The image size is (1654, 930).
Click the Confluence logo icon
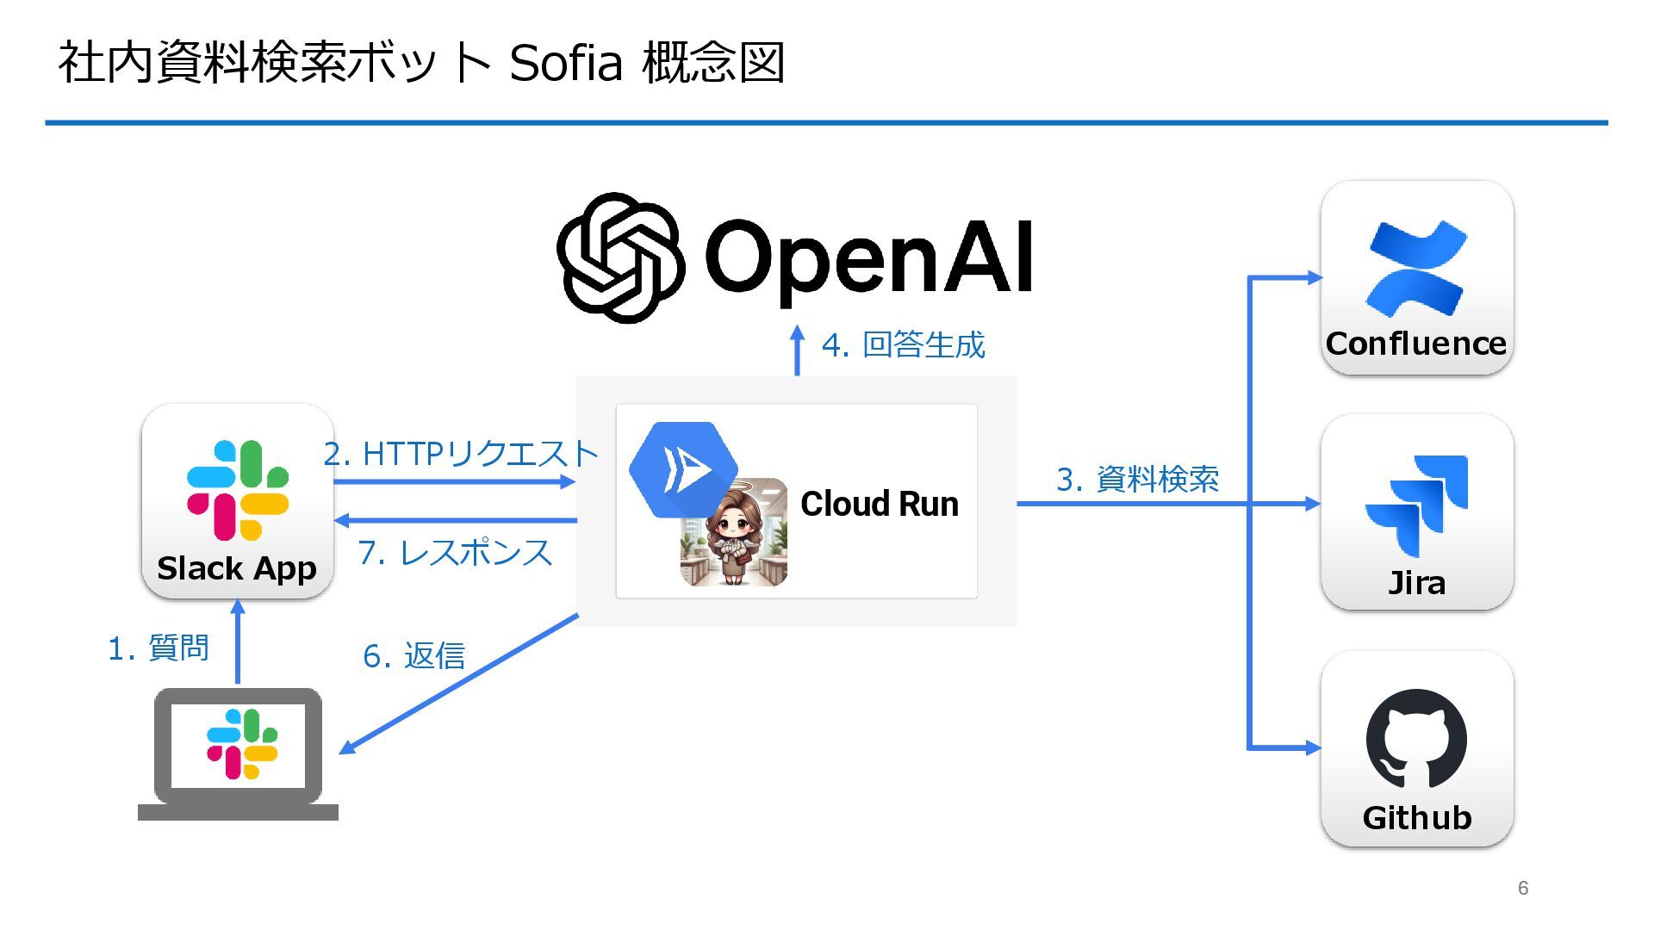[x=1416, y=268]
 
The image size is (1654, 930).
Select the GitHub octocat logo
[x=1416, y=739]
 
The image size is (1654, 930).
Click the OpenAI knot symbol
[x=621, y=257]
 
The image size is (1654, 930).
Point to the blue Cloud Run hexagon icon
[x=682, y=469]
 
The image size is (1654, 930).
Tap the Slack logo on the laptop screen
[x=242, y=744]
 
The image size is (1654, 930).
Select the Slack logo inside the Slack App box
[x=238, y=490]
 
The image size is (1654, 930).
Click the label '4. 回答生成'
[x=903, y=345]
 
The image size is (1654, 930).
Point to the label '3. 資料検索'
[x=1137, y=480]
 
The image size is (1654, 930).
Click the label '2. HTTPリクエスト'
[x=460, y=454]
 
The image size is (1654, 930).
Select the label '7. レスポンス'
[x=455, y=553]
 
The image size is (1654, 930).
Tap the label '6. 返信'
[x=413, y=656]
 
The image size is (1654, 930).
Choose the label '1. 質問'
[x=159, y=648]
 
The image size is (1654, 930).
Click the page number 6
[x=1523, y=888]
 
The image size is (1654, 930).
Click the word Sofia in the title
[x=565, y=63]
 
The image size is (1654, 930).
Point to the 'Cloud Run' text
[x=879, y=504]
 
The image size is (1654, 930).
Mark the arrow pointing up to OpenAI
[x=797, y=350]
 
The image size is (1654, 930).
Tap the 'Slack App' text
[x=237, y=568]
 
